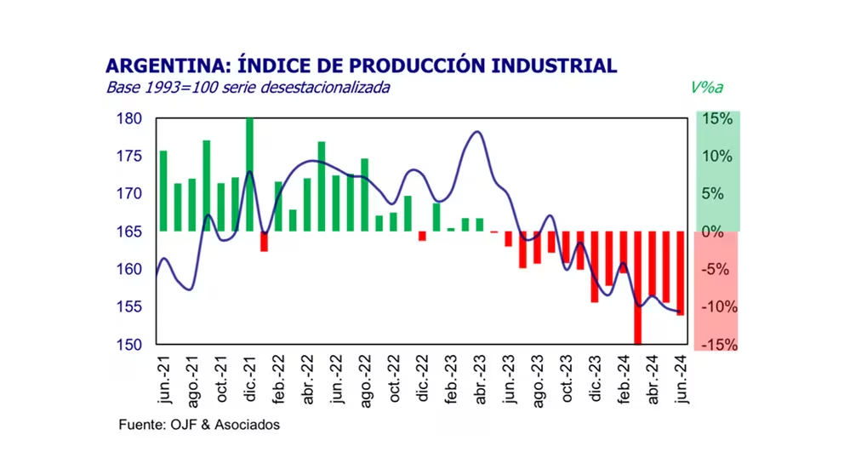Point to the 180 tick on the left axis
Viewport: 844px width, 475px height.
tap(128, 118)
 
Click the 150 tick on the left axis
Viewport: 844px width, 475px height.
tap(128, 345)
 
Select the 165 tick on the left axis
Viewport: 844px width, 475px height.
tap(128, 232)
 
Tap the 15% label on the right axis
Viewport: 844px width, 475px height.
tap(717, 118)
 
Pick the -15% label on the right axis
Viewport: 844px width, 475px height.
tap(716, 345)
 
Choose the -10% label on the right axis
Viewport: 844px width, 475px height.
tap(716, 307)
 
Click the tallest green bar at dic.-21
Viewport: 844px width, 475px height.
tap(249, 175)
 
